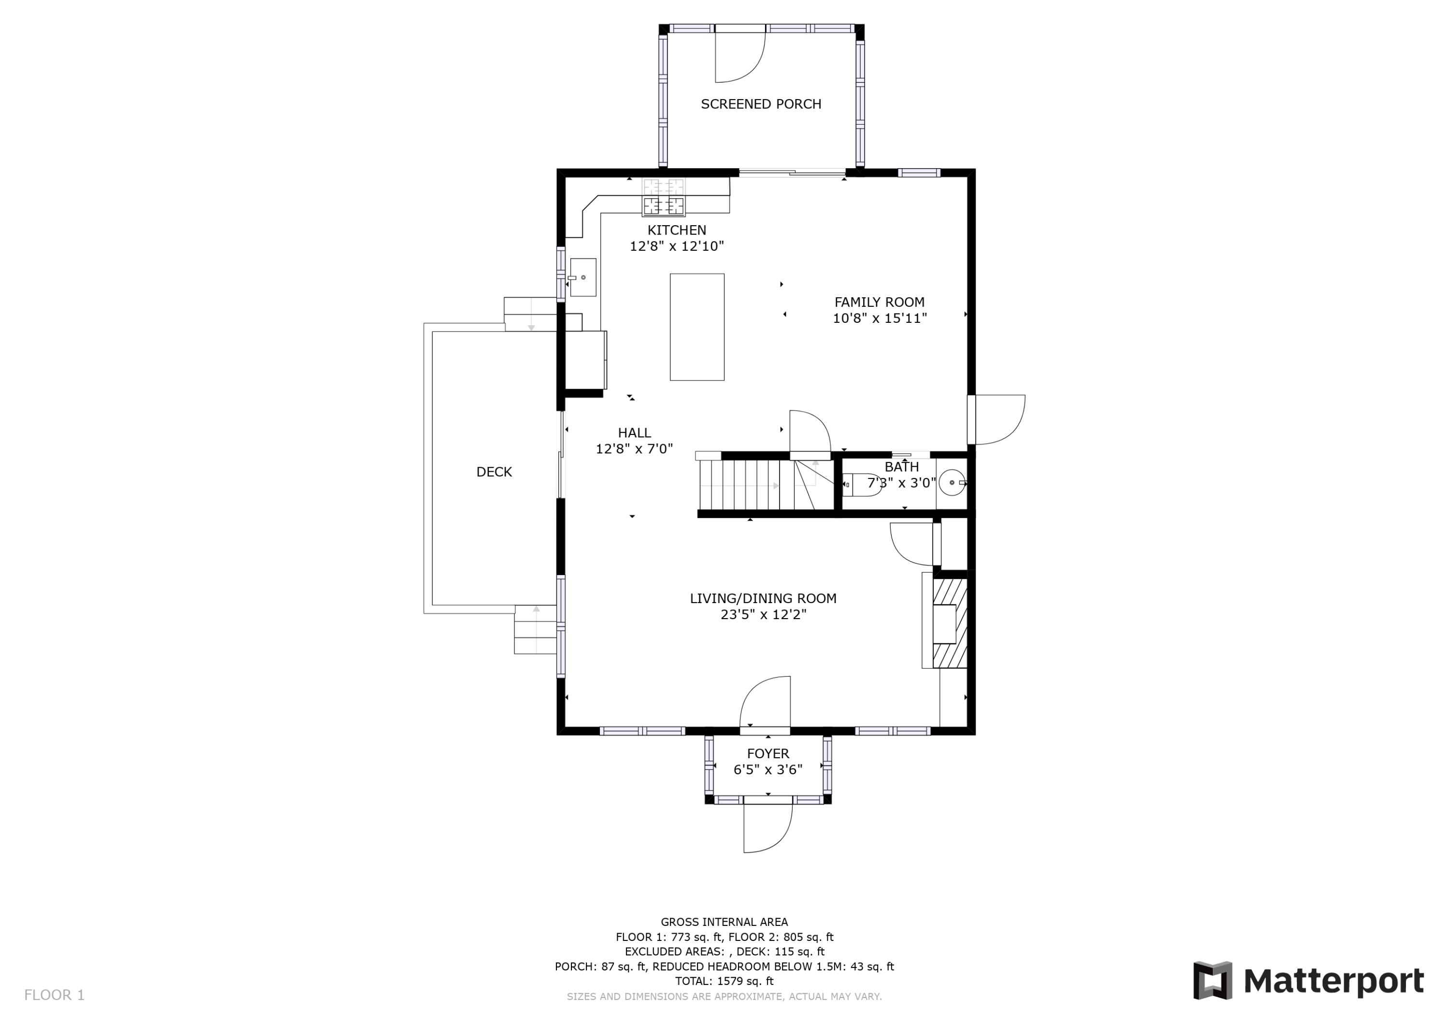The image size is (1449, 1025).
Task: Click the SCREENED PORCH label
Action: coord(761,104)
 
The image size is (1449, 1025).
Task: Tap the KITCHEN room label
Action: coord(677,231)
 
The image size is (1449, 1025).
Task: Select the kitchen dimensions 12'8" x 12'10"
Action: coord(677,246)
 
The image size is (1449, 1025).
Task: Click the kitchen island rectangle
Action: coord(697,327)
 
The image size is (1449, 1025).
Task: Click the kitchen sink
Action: coord(582,277)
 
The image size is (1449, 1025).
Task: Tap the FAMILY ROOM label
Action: coord(879,303)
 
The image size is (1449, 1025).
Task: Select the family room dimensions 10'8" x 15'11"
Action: coord(879,318)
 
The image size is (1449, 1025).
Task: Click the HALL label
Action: coord(634,433)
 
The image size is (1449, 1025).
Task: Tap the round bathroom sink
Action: coord(952,482)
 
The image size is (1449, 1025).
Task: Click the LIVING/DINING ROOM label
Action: coord(763,599)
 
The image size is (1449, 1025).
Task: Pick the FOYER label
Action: coord(768,754)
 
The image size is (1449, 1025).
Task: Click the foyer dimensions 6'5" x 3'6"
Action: coord(768,770)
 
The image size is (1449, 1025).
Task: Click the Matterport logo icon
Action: coord(1212,981)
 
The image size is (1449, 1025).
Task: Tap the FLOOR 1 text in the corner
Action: coord(54,996)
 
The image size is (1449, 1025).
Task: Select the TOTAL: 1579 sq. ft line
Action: coord(724,982)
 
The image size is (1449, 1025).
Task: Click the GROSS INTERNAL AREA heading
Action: coord(724,922)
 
